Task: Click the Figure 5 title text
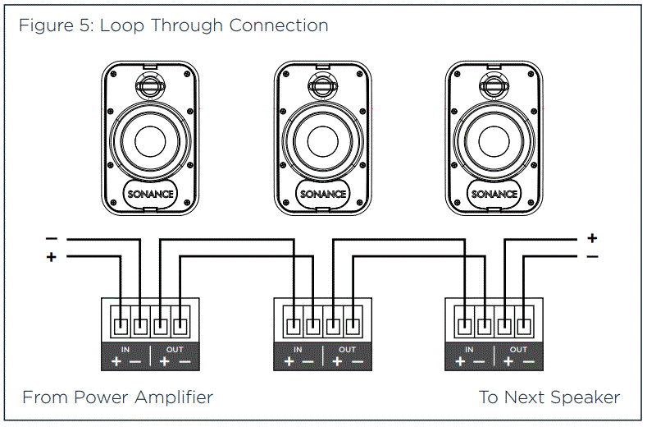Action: pyautogui.click(x=173, y=25)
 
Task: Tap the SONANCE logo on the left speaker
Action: pyautogui.click(x=151, y=194)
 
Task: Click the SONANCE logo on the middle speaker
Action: pyautogui.click(x=323, y=194)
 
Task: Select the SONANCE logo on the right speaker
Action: pyautogui.click(x=494, y=194)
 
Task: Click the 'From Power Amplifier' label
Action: pyautogui.click(x=117, y=397)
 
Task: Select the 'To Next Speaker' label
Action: pyautogui.click(x=549, y=397)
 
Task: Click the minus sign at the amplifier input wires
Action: pyautogui.click(x=51, y=239)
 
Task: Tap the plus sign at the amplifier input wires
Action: pyautogui.click(x=51, y=257)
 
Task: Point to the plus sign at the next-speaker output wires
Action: pyautogui.click(x=592, y=239)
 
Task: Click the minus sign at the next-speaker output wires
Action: pyautogui.click(x=592, y=257)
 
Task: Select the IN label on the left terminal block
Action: pyautogui.click(x=125, y=349)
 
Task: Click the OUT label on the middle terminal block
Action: pyautogui.click(x=347, y=349)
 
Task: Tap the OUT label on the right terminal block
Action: pyautogui.click(x=518, y=349)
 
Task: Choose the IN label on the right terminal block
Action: pyautogui.click(x=469, y=349)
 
